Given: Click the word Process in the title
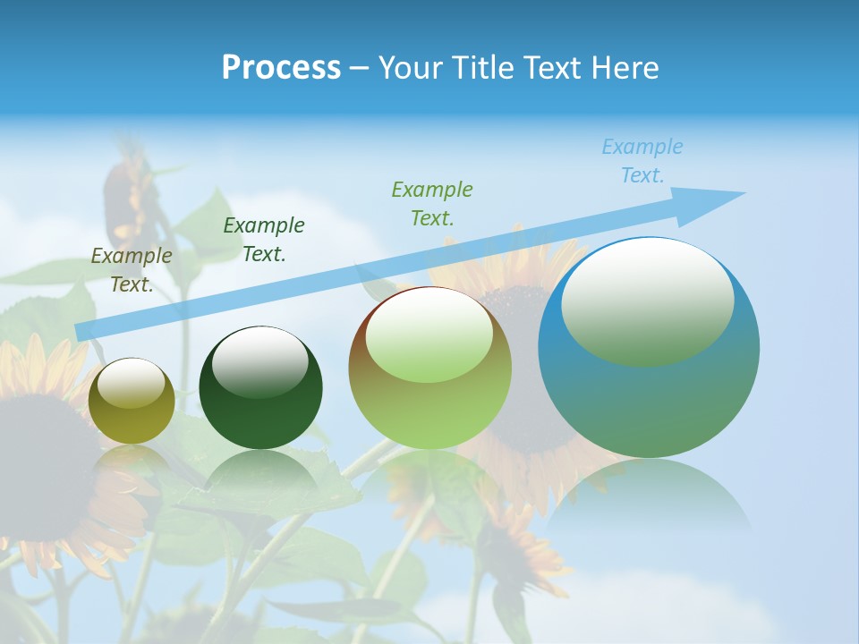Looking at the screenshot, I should click(x=281, y=68).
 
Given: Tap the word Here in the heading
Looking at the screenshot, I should click(x=625, y=68).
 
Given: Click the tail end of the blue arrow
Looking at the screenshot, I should click(x=83, y=332).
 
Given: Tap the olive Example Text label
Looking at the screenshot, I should click(x=132, y=270).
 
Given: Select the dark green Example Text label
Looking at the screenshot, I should click(x=264, y=240).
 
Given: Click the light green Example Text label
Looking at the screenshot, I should click(x=432, y=203).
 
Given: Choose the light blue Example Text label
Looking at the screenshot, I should click(x=642, y=161).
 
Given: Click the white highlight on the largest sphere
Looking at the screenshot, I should click(x=647, y=300).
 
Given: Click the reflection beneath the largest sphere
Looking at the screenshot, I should click(x=649, y=496).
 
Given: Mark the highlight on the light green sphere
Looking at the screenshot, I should click(x=429, y=335).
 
